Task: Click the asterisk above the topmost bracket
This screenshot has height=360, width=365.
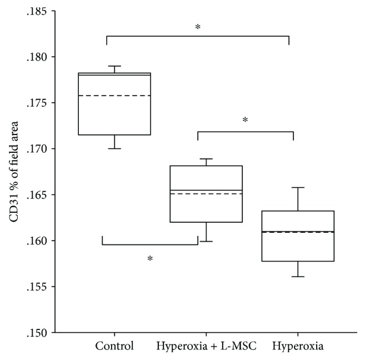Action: (198, 27)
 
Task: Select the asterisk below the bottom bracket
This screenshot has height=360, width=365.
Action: (150, 258)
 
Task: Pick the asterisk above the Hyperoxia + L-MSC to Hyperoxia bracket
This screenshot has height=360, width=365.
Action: (245, 120)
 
